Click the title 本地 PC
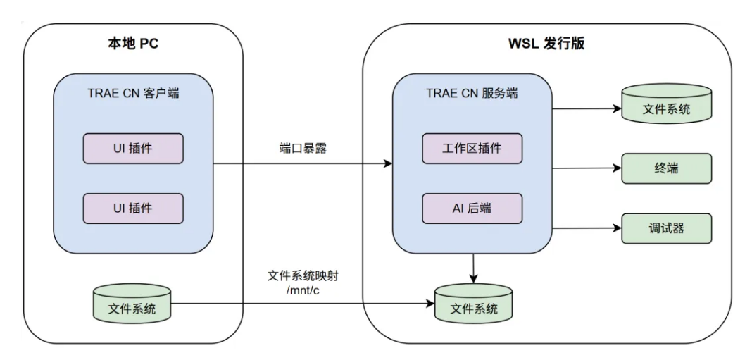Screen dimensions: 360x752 (x=133, y=44)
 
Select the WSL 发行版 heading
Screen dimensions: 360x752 (x=546, y=44)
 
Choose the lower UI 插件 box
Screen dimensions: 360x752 (x=133, y=208)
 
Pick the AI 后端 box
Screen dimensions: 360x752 (x=472, y=208)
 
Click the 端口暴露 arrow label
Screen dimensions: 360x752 (x=303, y=149)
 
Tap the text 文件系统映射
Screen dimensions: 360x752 (x=303, y=275)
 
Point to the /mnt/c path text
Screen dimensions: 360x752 (x=303, y=290)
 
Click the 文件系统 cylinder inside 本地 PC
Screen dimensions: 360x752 (x=133, y=309)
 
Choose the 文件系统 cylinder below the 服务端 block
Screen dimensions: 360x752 (x=473, y=309)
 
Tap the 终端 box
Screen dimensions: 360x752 (x=666, y=169)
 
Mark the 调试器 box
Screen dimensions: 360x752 (x=666, y=229)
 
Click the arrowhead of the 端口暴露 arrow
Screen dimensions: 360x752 (x=388, y=164)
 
